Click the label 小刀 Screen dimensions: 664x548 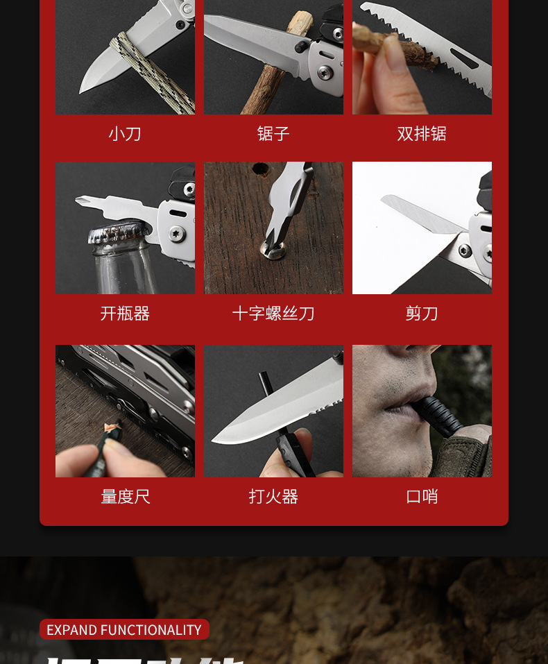(x=125, y=133)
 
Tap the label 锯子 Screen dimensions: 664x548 (x=273, y=133)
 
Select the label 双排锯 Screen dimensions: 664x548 (x=422, y=133)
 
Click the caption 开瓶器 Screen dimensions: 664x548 (x=125, y=314)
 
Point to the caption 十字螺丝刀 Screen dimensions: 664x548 (x=273, y=314)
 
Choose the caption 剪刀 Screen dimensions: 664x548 (x=422, y=314)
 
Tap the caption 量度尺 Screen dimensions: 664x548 (x=125, y=497)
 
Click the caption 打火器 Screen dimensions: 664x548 (x=273, y=497)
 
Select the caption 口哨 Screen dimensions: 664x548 (x=422, y=497)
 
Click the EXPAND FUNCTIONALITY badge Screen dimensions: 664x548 (x=124, y=630)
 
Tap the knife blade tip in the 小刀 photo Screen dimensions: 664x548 (x=83, y=90)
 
